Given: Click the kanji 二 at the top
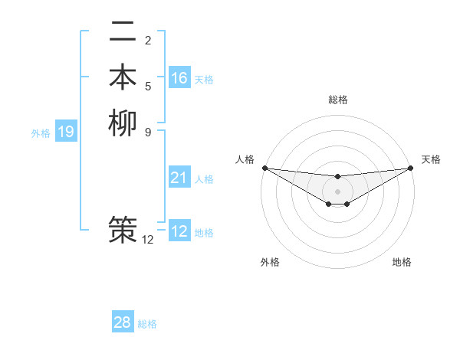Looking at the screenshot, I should [123, 32].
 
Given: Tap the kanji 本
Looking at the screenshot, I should [123, 77].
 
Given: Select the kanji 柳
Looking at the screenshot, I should [123, 123].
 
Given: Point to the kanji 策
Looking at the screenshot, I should [123, 229].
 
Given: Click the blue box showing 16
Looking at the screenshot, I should [179, 78].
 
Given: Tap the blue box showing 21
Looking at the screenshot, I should [179, 178].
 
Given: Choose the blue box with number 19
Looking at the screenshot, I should [66, 132].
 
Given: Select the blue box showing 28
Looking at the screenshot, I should [123, 322].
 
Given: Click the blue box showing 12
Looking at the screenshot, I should [179, 231].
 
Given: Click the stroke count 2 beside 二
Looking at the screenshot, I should [148, 40].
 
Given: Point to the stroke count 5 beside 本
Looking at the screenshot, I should [148, 86].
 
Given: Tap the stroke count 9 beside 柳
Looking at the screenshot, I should [148, 131].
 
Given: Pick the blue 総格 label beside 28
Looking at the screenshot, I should [147, 324].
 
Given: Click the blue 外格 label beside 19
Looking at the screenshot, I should [41, 133].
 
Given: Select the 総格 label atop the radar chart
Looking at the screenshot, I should [337, 100].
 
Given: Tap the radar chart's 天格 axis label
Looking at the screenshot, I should [431, 159].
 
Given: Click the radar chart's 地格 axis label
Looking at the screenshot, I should [402, 262].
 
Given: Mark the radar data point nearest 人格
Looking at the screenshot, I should [264, 168].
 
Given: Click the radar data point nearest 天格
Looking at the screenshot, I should [410, 168].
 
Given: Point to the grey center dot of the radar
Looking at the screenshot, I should [337, 191].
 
